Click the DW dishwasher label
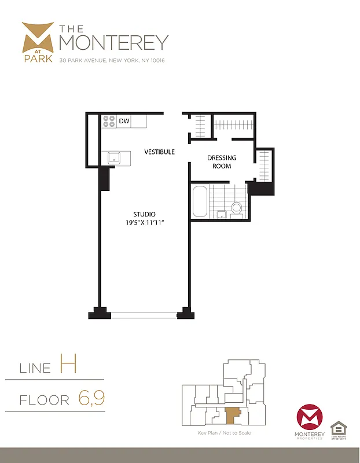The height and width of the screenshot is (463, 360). point(124,122)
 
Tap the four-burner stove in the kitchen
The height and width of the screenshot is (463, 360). point(109,122)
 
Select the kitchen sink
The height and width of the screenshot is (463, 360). point(114,157)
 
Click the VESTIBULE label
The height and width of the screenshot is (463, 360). point(160,152)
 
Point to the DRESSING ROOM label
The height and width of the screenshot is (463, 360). point(222,162)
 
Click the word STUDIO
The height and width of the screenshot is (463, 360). point(144,214)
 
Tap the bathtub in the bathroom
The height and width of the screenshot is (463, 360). point(200,202)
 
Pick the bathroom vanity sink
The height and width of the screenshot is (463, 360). point(221,215)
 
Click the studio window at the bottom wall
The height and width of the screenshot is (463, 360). point(144,315)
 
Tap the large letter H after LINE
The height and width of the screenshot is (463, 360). point(68,365)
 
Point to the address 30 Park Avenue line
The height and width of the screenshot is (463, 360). point(112,60)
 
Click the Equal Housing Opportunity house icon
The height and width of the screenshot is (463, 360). point(338,429)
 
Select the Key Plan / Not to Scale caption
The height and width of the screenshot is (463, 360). point(225,433)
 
